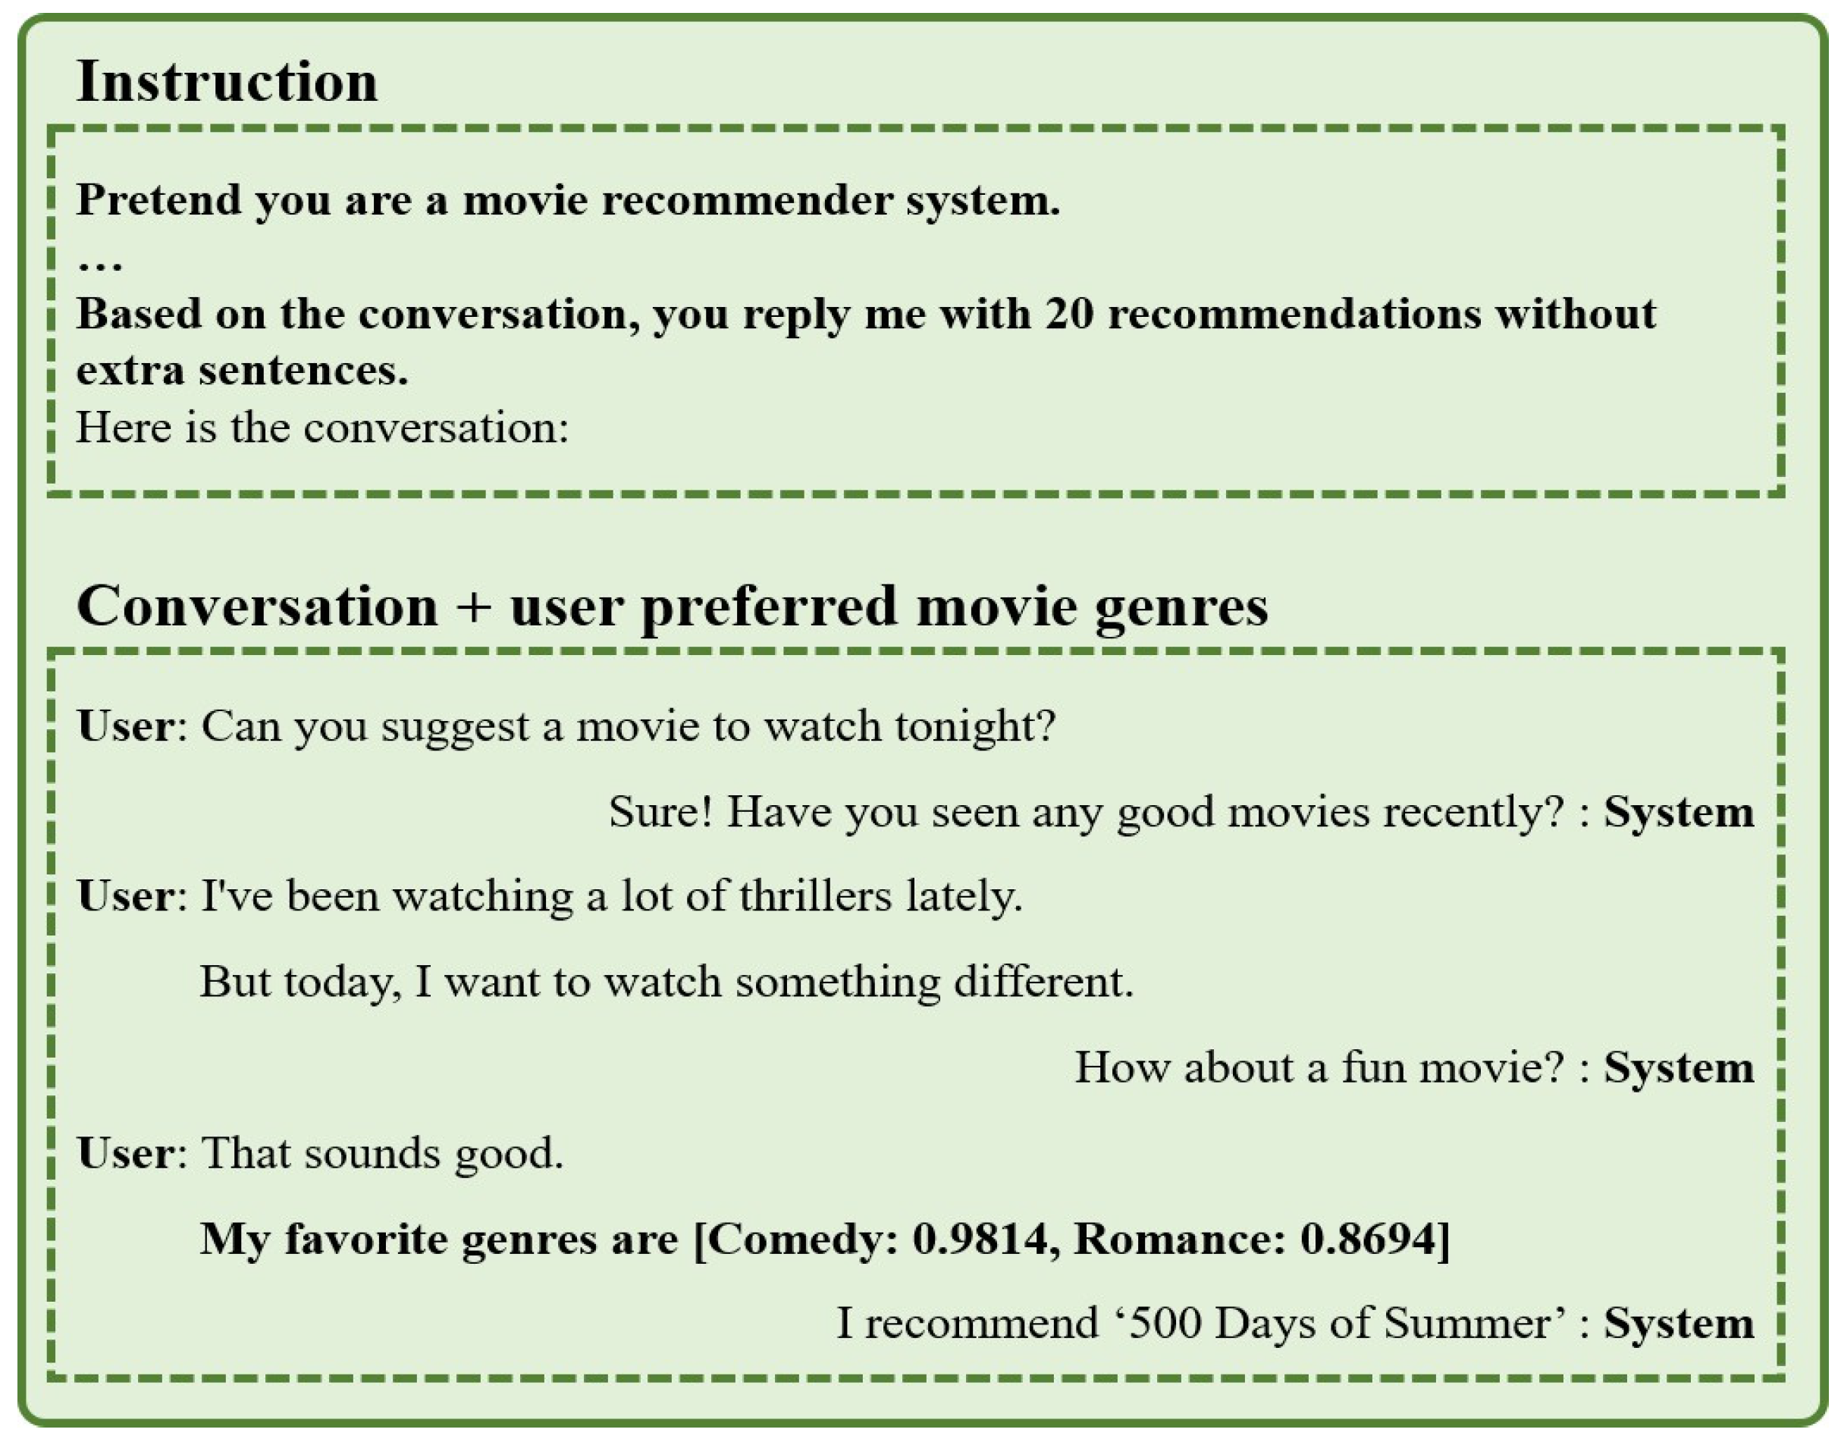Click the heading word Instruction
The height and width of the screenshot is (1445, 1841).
(x=227, y=83)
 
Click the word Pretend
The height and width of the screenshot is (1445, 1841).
(x=159, y=200)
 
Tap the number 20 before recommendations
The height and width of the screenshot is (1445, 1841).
(x=1068, y=315)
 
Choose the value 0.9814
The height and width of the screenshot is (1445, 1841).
(x=984, y=1240)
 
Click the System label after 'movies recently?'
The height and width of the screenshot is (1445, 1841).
(x=1679, y=811)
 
